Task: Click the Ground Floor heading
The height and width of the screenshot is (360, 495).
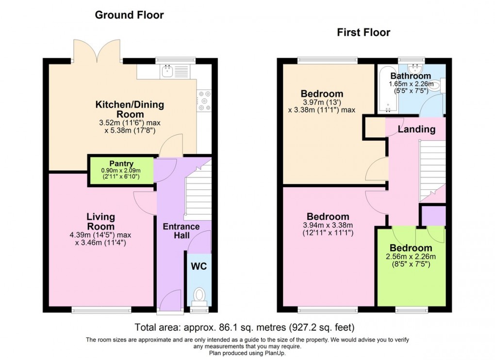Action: tap(129, 15)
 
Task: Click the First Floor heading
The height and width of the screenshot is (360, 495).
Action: tap(363, 33)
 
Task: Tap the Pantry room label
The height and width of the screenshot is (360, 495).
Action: tap(121, 164)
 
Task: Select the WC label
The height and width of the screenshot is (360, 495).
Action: tap(199, 266)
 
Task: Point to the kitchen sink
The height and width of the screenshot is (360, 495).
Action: tap(167, 72)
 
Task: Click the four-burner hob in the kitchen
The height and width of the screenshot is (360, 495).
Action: tap(203, 100)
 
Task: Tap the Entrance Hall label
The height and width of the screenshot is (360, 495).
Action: tap(181, 230)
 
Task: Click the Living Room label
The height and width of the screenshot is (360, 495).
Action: tap(100, 221)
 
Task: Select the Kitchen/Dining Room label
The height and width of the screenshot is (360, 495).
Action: tap(130, 109)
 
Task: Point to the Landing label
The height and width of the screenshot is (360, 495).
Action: tap(416, 130)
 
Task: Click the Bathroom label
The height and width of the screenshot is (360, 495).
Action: tap(411, 76)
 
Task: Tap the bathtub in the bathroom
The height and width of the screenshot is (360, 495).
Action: tap(386, 90)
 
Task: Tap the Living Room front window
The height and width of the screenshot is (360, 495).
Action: tap(101, 310)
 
